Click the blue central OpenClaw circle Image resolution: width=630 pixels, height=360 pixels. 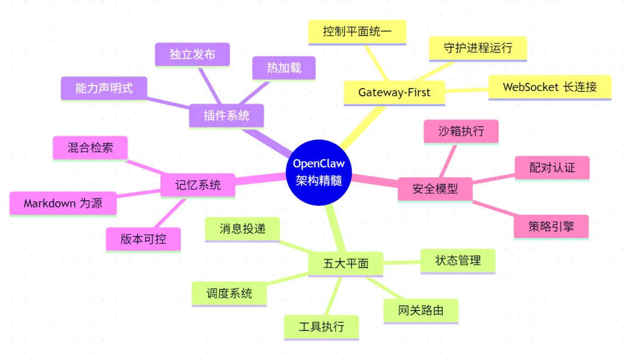(318, 173)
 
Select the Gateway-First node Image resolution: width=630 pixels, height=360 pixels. (394, 92)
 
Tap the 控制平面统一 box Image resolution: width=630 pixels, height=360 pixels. (357, 32)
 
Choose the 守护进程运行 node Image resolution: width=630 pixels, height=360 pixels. (478, 48)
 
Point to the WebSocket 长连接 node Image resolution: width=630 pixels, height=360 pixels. (549, 87)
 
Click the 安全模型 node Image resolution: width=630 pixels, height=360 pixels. (435, 189)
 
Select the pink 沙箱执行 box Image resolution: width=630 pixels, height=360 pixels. (461, 131)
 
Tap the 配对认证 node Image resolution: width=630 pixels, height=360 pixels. (552, 167)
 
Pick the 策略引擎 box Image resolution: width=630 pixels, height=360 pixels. (551, 226)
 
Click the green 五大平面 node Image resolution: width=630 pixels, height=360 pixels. (346, 263)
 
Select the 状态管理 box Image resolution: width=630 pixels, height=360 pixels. (458, 260)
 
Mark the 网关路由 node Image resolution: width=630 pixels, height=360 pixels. (421, 310)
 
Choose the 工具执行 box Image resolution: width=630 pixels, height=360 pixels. (321, 327)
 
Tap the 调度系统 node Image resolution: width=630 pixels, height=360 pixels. (229, 293)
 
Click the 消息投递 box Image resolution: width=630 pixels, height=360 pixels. (242, 229)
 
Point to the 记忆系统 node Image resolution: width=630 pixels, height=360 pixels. (198, 186)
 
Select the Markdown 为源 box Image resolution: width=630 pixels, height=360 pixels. (63, 204)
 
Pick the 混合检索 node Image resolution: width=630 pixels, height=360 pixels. (90, 148)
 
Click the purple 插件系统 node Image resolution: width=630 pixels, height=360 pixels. (226, 116)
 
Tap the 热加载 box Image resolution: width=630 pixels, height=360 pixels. (284, 68)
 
